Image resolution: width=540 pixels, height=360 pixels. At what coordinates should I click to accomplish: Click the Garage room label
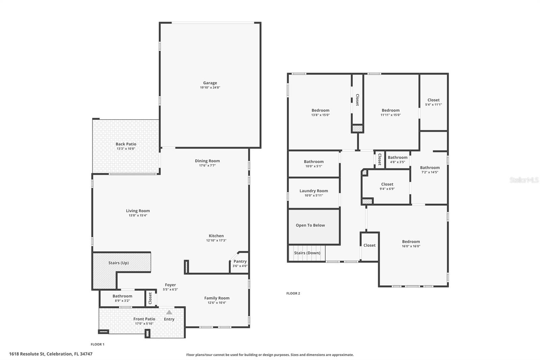(210, 83)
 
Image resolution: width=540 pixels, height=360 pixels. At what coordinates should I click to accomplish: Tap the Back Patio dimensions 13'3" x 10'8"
(126, 149)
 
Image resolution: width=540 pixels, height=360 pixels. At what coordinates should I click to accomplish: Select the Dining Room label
(207, 161)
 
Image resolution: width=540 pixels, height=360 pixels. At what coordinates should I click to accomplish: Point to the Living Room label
(138, 211)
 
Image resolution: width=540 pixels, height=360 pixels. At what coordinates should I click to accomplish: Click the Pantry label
(240, 261)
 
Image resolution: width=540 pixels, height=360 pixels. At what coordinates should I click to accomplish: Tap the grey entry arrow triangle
(169, 312)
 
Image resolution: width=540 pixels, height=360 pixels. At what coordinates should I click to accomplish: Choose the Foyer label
(170, 285)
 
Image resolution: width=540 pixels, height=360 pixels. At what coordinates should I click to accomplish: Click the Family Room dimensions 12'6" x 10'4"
(217, 303)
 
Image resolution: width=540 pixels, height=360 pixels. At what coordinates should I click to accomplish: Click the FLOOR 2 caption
(293, 293)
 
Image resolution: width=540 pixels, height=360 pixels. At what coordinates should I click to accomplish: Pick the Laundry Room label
(314, 191)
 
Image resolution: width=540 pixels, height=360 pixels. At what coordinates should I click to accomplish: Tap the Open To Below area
(310, 226)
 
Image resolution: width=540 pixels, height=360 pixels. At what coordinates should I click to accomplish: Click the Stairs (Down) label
(307, 253)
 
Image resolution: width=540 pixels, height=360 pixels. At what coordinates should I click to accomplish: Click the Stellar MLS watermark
(524, 180)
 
